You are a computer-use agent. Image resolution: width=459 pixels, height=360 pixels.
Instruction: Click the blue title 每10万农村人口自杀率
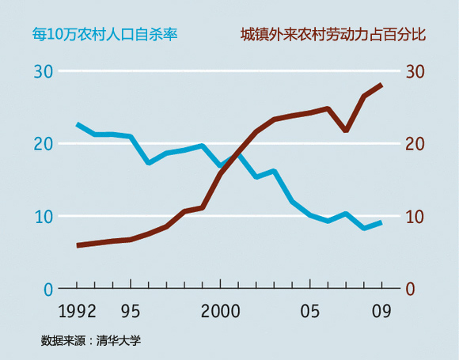[104, 35]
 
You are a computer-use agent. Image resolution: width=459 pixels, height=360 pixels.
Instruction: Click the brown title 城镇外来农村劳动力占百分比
[332, 35]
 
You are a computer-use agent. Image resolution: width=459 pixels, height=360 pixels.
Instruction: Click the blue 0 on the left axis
[48, 289]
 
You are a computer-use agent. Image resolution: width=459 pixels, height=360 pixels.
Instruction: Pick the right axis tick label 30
[415, 71]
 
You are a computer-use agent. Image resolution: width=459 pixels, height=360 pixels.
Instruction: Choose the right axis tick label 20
[415, 144]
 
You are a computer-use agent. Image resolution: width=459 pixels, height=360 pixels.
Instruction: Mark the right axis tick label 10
[415, 216]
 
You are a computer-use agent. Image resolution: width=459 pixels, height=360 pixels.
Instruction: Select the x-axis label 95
[131, 310]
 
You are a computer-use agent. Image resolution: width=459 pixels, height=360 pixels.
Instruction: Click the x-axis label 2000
[220, 310]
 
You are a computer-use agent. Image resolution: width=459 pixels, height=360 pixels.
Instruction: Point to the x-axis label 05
[310, 310]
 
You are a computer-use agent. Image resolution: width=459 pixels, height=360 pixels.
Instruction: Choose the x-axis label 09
[382, 310]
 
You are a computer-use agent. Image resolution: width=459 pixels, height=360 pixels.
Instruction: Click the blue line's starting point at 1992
[78, 124]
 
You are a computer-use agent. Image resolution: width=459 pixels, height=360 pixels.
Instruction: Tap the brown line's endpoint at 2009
[382, 85]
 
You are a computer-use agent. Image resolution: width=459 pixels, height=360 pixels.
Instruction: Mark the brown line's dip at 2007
[346, 130]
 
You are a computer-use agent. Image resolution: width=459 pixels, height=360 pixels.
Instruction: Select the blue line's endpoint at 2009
[382, 222]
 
